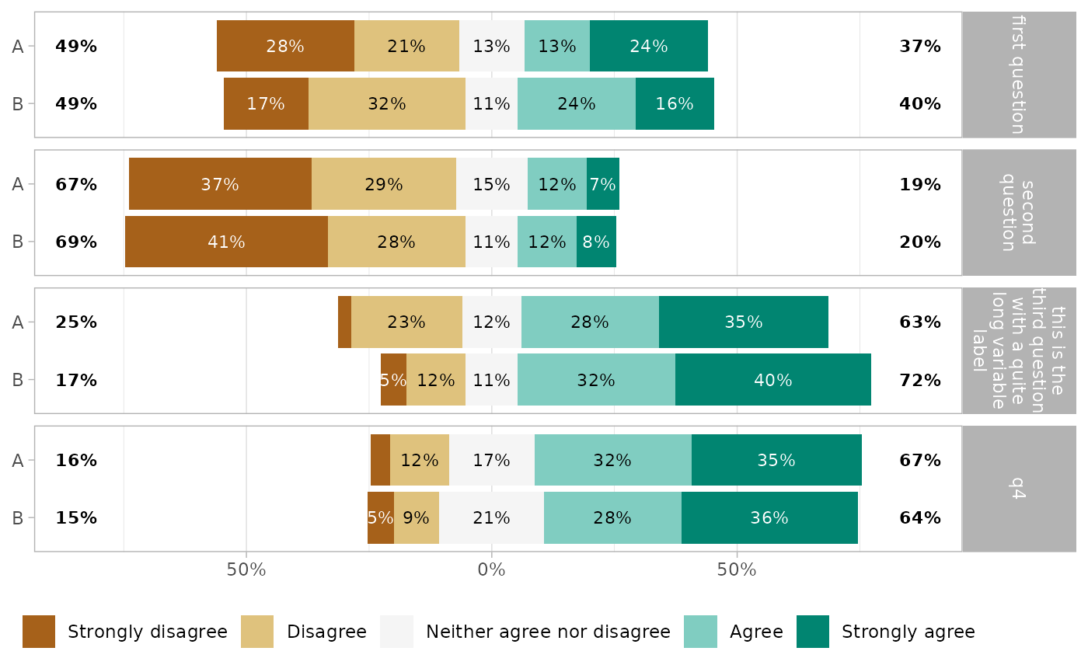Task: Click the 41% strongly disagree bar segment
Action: [x=226, y=242]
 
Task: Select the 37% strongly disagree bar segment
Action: [x=220, y=184]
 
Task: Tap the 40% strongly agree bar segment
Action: [x=772, y=380]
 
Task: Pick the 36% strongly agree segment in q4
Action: [x=769, y=518]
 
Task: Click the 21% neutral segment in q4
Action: [x=491, y=518]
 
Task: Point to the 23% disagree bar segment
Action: [x=406, y=322]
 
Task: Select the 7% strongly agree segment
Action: [x=603, y=184]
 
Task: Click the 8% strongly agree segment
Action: [x=596, y=242]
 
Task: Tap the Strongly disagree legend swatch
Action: [x=39, y=632]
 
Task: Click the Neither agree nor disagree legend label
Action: [x=548, y=632]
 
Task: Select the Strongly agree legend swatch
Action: [x=813, y=632]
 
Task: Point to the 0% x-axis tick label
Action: [x=491, y=570]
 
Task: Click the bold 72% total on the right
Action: [x=920, y=380]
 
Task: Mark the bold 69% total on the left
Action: [x=76, y=242]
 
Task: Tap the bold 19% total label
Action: [x=920, y=184]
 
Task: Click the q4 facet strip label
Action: [x=1017, y=489]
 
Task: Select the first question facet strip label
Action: [x=1017, y=75]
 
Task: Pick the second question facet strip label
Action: [x=1017, y=212]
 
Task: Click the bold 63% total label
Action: [x=920, y=322]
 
